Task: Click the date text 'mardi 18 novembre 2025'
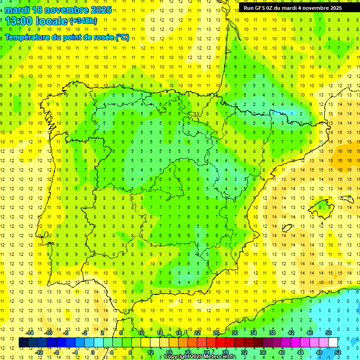click(x=59, y=10)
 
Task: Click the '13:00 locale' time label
click(x=36, y=21)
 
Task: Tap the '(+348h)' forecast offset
click(x=83, y=21)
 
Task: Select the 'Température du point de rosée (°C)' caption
click(x=67, y=37)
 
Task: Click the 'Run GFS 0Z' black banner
click(x=299, y=7)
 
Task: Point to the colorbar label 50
click(x=329, y=332)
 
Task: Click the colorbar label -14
click(x=30, y=332)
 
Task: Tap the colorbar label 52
click(x=338, y=352)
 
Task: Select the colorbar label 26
click(x=216, y=332)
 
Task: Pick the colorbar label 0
click(x=92, y=352)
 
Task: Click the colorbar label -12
click(x=39, y=352)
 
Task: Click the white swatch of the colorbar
click(x=333, y=342)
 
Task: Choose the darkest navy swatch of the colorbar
click(x=23, y=342)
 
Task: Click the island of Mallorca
click(x=322, y=205)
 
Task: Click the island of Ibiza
click(x=286, y=228)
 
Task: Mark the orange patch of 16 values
click(x=347, y=155)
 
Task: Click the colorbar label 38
click(x=272, y=332)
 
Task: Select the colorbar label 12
click(x=150, y=352)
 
